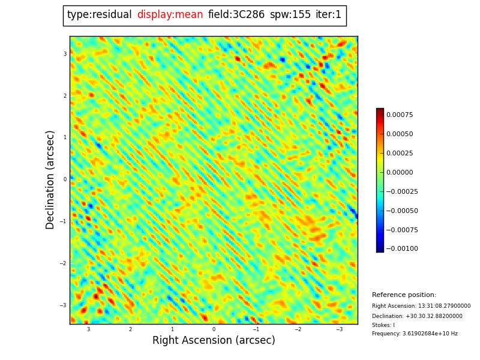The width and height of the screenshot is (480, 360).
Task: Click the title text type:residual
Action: [100, 15]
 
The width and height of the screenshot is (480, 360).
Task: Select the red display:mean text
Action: [170, 15]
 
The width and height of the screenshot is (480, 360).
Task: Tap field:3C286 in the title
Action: [236, 15]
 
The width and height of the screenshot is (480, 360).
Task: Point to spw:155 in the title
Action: [290, 15]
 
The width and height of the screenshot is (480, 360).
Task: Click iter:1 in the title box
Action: [328, 15]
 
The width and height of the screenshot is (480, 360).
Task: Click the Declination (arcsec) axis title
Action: [50, 179]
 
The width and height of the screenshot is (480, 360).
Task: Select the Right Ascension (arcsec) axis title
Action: [214, 341]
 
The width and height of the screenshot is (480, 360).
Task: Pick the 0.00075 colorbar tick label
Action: [399, 115]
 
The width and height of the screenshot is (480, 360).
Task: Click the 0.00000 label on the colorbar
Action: [399, 172]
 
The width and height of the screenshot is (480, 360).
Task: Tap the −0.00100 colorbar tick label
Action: [401, 249]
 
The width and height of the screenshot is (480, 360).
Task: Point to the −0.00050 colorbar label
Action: [401, 211]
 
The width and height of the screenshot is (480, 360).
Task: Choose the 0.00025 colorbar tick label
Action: [399, 153]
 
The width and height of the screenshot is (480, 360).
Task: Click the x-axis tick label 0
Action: [214, 329]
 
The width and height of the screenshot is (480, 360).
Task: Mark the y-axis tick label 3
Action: [65, 54]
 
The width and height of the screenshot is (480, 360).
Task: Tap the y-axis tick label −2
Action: [63, 263]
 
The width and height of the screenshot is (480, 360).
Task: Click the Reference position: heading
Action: [404, 295]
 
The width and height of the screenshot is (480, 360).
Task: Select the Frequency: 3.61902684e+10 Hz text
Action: [415, 334]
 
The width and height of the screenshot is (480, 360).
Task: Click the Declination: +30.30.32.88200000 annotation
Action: [417, 316]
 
